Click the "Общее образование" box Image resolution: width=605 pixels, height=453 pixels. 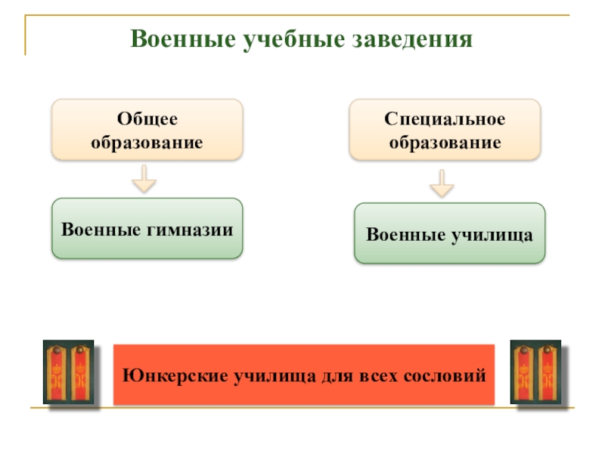pyautogui.click(x=147, y=129)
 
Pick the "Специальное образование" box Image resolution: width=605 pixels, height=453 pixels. pyautogui.click(x=445, y=129)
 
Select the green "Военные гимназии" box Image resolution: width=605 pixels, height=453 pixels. pyautogui.click(x=147, y=229)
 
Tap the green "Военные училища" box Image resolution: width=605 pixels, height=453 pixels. pyautogui.click(x=449, y=233)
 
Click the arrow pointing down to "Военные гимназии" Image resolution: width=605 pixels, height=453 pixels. pyautogui.click(x=144, y=180)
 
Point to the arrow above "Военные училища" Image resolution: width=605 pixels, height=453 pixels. pyautogui.click(x=442, y=183)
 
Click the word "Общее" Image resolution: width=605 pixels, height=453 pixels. pyautogui.click(x=147, y=119)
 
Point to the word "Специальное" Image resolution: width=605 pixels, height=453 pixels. pyautogui.click(x=445, y=119)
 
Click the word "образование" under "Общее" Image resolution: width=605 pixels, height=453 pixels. pyautogui.click(x=147, y=141)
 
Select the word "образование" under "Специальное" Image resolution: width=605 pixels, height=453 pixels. pyautogui.click(x=445, y=141)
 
